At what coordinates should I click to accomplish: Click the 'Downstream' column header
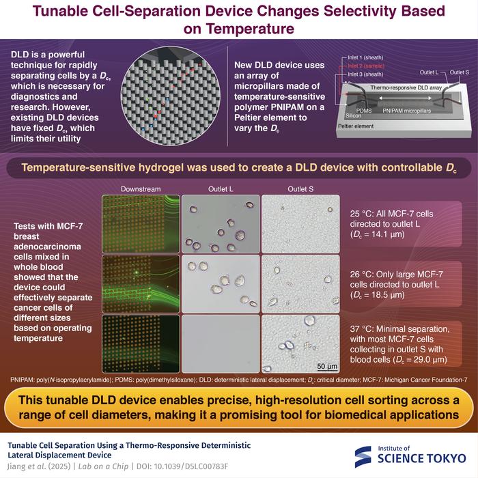pyautogui.click(x=140, y=188)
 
